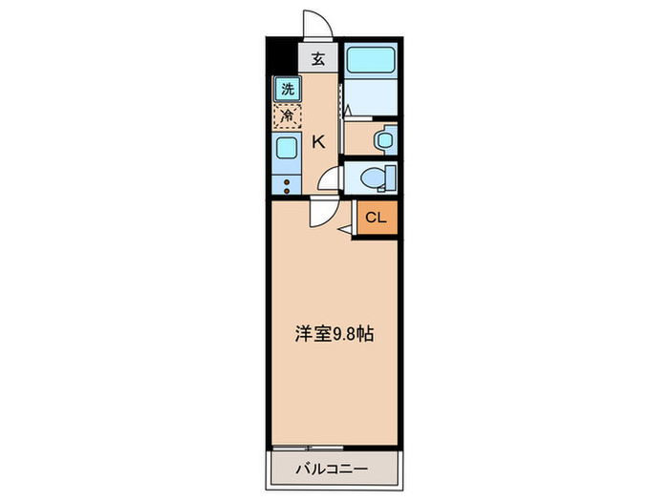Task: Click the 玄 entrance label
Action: [x=318, y=58]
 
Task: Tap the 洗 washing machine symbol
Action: [x=287, y=90]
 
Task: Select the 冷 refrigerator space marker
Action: [x=287, y=116]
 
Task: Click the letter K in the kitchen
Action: [x=319, y=143]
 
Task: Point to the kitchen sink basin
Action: [x=287, y=148]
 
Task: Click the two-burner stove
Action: [x=287, y=181]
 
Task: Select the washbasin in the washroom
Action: [x=383, y=139]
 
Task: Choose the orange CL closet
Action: [x=376, y=218]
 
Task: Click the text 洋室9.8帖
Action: [x=334, y=335]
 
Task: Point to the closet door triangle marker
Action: [x=346, y=229]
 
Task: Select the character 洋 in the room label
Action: [x=301, y=335]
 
